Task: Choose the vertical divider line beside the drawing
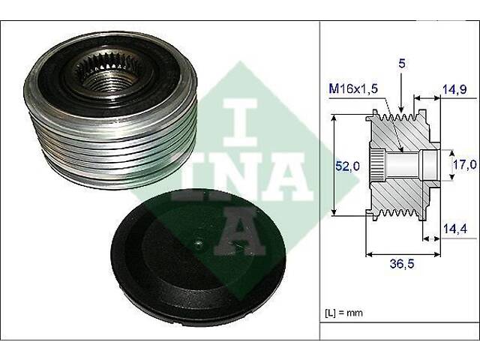320,180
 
